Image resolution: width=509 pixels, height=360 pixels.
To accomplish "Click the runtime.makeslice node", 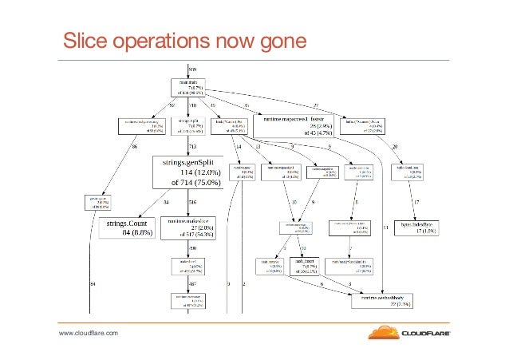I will (191, 228).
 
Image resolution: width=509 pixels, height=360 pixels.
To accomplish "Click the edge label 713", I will (193, 148).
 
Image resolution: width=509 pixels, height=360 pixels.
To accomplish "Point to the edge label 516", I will (192, 203).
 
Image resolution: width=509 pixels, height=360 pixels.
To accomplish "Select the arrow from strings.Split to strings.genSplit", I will (188, 144).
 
